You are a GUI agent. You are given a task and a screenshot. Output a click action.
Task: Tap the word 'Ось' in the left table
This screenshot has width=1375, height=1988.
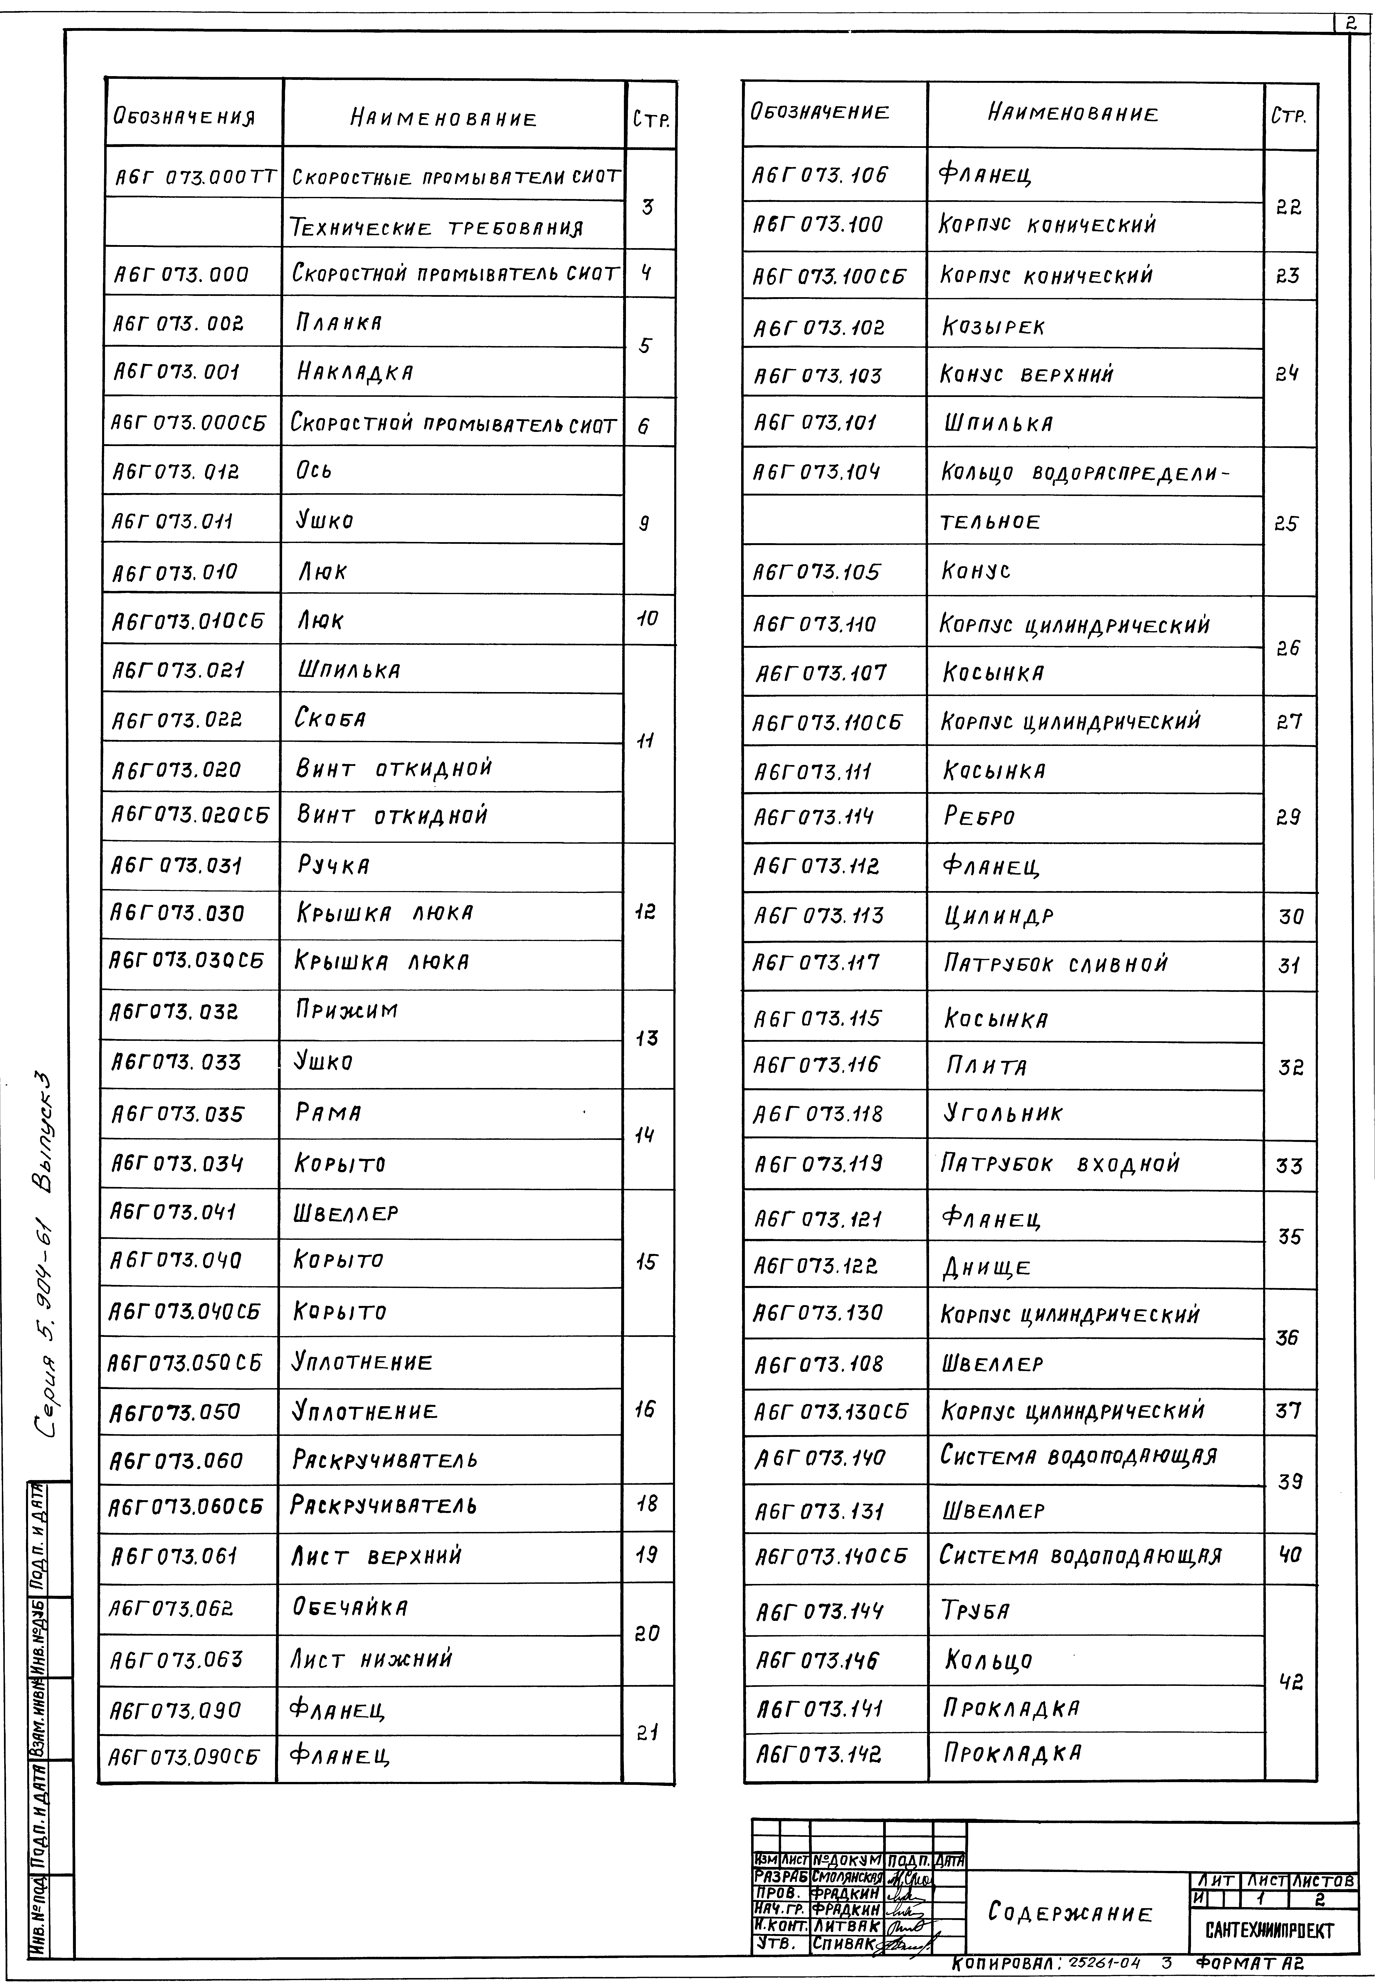pyautogui.click(x=314, y=471)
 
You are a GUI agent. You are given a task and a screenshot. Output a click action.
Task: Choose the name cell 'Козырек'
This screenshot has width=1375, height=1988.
pyautogui.click(x=993, y=327)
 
